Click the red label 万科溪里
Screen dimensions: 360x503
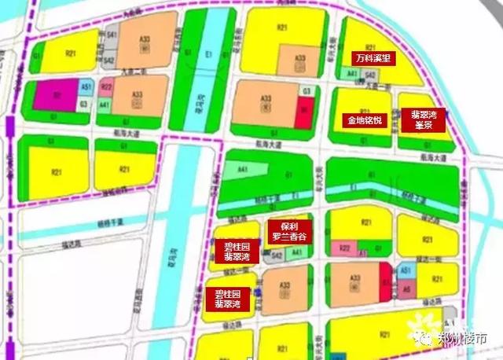pyautogui.click(x=373, y=58)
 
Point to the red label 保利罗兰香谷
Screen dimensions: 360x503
pyautogui.click(x=291, y=230)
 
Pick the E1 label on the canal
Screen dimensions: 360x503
pyautogui.click(x=207, y=53)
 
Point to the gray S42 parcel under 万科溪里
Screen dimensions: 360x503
pyautogui.click(x=369, y=75)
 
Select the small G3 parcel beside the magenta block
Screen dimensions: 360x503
pyautogui.click(x=83, y=103)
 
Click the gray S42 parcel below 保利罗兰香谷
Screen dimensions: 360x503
pyautogui.click(x=277, y=256)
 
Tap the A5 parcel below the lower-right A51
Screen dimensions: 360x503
pyautogui.click(x=406, y=289)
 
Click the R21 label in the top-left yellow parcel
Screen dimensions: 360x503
pyautogui.click(x=72, y=53)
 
